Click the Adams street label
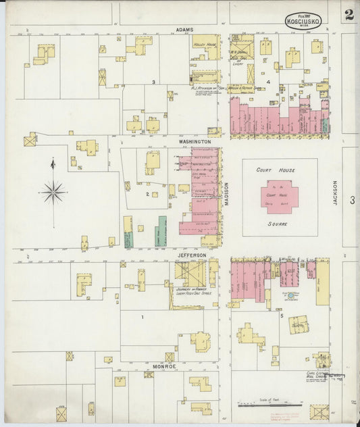(x=184, y=30)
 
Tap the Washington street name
(x=195, y=141)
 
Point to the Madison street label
(x=227, y=195)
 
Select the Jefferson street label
(x=192, y=255)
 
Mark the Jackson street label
(x=334, y=192)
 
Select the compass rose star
(x=53, y=192)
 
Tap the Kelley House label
(x=203, y=44)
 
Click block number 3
(x=154, y=82)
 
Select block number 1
(x=143, y=316)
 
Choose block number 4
(x=268, y=82)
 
